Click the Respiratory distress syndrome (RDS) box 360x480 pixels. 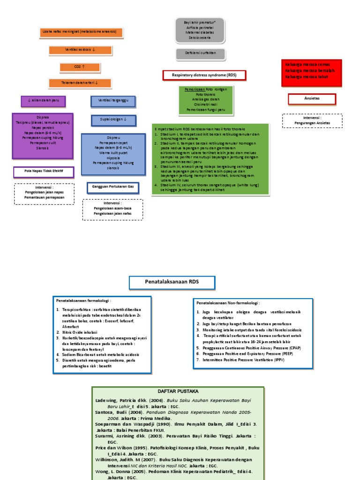click(x=204, y=75)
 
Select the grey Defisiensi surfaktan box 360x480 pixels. click(x=200, y=54)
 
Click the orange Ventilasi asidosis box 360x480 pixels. click(x=80, y=50)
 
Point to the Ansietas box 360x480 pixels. click(x=312, y=99)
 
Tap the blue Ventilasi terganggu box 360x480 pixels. click(x=112, y=101)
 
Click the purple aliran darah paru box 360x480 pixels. click(x=43, y=101)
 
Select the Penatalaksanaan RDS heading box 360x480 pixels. click(x=172, y=283)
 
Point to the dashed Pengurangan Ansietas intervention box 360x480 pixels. click(x=312, y=120)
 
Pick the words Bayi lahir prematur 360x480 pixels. click(x=200, y=22)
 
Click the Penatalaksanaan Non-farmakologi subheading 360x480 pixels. click(x=228, y=303)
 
